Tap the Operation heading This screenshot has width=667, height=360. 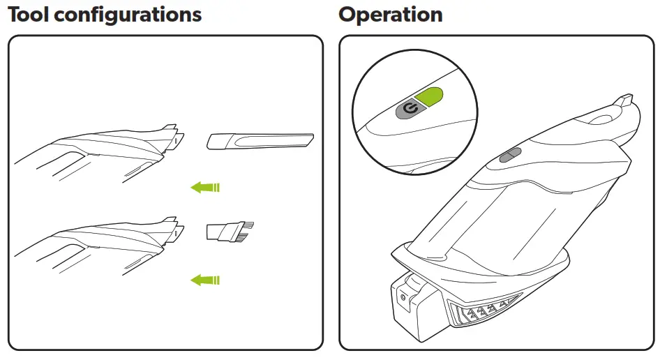[x=390, y=15]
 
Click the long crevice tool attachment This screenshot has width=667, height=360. [x=260, y=142]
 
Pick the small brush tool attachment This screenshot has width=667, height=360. [x=230, y=232]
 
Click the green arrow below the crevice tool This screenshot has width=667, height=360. [x=205, y=187]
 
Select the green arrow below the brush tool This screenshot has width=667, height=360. [x=205, y=280]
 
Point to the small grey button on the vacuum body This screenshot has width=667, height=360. [x=509, y=154]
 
